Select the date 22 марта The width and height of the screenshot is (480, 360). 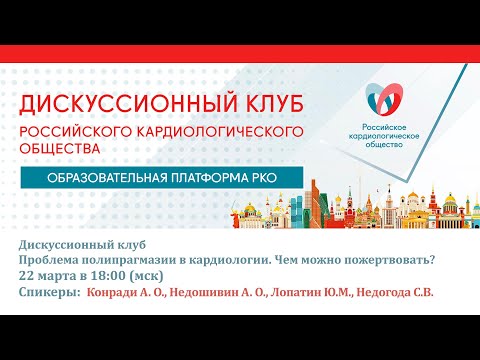click(44, 278)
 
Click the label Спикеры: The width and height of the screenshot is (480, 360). click(49, 294)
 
